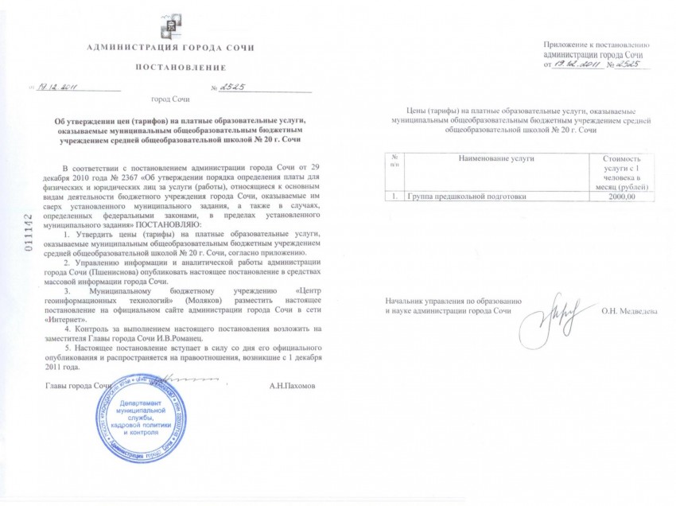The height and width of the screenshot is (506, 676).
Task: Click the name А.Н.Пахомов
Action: click(292, 385)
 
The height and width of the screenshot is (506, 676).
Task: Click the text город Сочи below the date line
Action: click(170, 101)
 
